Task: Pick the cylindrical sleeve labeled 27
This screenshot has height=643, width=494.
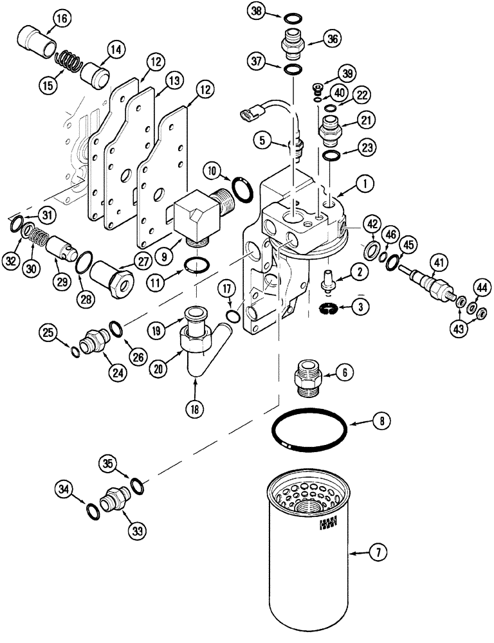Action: (111, 277)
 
